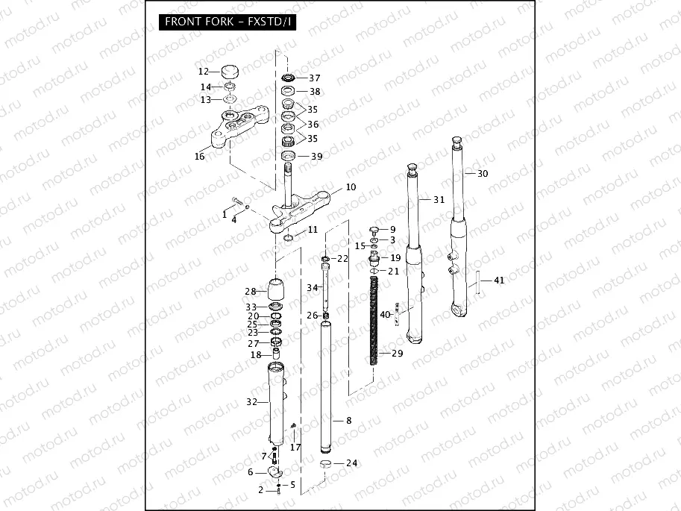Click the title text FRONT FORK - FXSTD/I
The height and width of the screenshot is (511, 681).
(228, 21)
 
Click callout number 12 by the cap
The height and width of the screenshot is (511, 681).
(204, 72)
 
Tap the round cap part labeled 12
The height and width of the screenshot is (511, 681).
(230, 72)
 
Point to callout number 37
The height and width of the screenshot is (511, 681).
(314, 78)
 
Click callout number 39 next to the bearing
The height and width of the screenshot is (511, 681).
(316, 156)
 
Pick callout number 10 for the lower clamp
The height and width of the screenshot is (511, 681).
(351, 186)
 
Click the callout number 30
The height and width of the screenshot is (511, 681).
(483, 173)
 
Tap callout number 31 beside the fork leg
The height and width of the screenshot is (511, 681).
(438, 199)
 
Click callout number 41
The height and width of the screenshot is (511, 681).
(499, 280)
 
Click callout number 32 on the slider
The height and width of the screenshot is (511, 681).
(251, 402)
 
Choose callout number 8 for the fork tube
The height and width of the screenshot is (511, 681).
(348, 421)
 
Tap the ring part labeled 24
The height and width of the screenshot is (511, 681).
(326, 464)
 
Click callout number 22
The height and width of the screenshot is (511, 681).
(342, 259)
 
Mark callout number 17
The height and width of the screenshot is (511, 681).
(295, 448)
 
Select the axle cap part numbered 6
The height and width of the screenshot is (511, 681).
(274, 471)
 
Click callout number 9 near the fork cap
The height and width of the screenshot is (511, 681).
(392, 229)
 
